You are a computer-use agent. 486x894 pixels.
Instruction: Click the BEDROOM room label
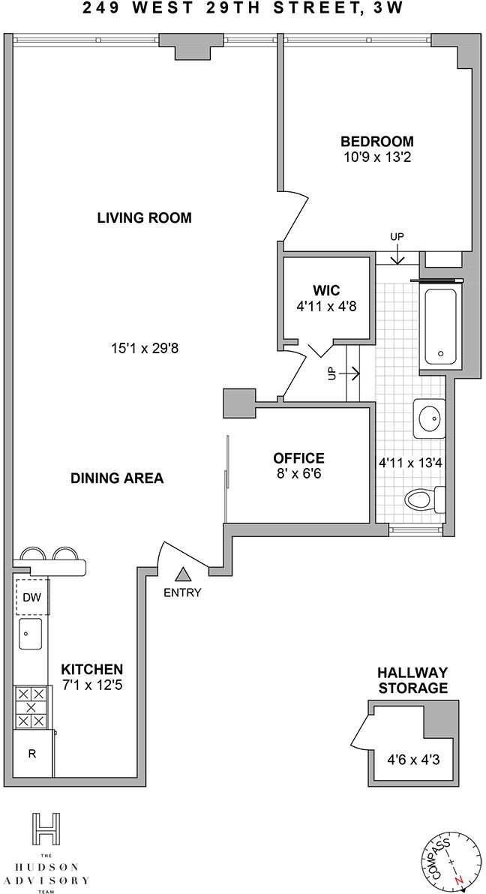tap(377, 141)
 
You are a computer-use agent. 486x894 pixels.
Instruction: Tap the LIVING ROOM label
tap(144, 217)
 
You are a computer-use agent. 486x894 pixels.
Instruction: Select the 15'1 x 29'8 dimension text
tap(145, 347)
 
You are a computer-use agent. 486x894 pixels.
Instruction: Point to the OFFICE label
tap(299, 457)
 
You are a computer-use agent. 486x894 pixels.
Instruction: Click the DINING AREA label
tap(117, 478)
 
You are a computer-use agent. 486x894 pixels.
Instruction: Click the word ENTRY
tap(182, 592)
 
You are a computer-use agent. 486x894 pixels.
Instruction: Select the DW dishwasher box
tap(32, 597)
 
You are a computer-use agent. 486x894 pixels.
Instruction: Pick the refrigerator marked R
tap(33, 753)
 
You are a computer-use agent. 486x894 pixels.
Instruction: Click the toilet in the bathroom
tap(425, 500)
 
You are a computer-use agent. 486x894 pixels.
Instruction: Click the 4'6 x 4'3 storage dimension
tap(413, 760)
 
